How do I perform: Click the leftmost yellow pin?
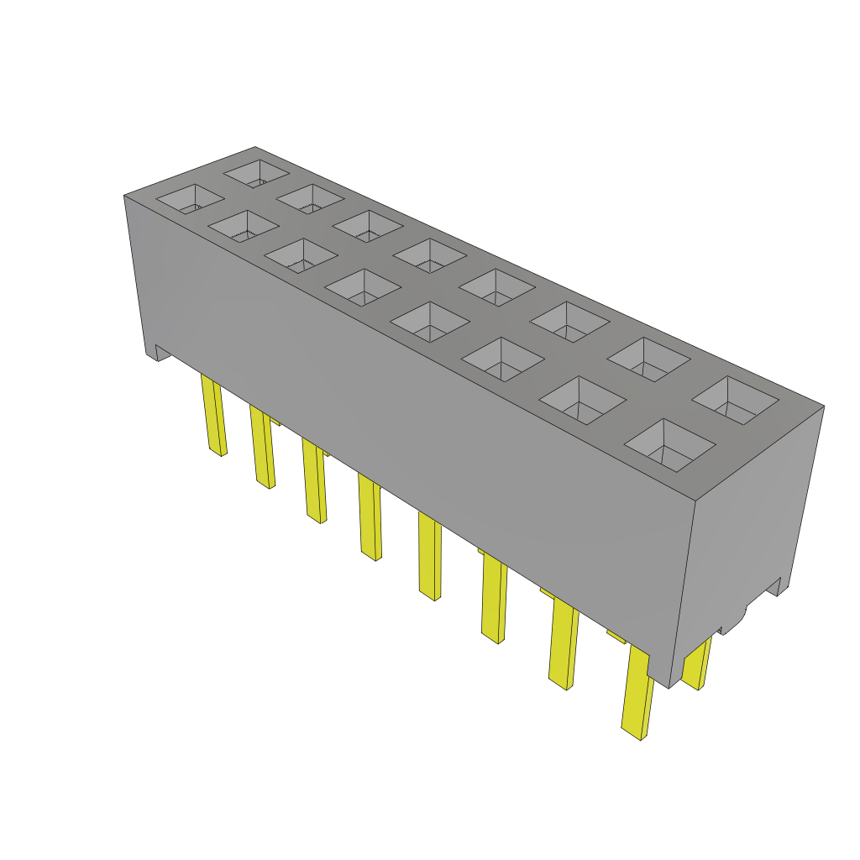[x=213, y=416]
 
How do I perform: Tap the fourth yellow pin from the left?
[x=370, y=517]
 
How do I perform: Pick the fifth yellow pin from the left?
[x=429, y=558]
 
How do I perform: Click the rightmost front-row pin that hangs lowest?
[x=638, y=693]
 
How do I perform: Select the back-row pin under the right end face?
[x=696, y=663]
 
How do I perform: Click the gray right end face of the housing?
[x=747, y=521]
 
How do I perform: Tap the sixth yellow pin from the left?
[x=494, y=600]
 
